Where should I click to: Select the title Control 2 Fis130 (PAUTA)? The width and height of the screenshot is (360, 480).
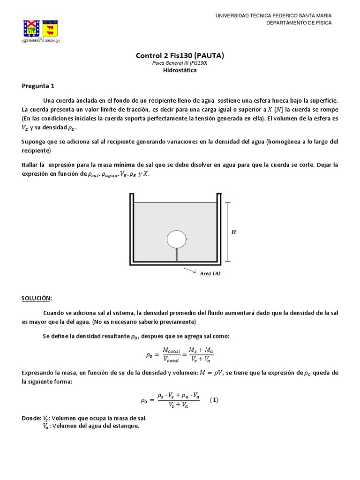(180, 55)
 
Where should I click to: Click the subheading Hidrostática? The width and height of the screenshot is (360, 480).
(180, 70)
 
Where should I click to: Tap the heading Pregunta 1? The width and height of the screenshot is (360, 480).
(38, 86)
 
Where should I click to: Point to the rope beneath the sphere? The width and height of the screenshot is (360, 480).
(176, 255)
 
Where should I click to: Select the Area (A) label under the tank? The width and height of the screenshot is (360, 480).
(210, 274)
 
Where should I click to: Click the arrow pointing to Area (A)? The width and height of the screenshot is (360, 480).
(190, 270)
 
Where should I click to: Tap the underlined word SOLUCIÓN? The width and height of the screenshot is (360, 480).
(37, 298)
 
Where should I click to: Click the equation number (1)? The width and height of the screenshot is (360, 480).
(214, 400)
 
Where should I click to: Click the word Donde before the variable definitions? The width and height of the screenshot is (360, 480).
(31, 417)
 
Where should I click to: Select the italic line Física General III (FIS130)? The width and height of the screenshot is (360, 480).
(180, 63)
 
